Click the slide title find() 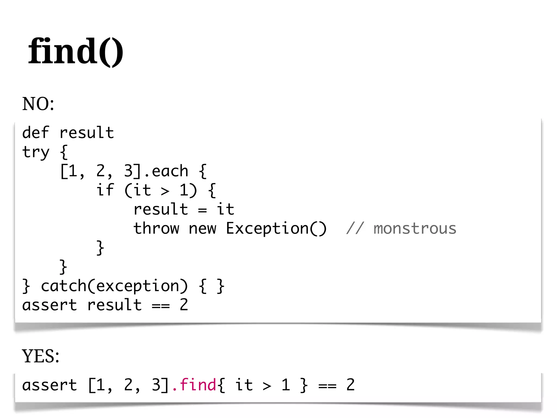(x=76, y=51)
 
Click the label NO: (x=38, y=104)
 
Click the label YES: (x=41, y=356)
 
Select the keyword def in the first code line (x=36, y=133)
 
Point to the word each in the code (x=170, y=171)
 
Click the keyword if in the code (x=105, y=190)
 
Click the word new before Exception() (x=202, y=229)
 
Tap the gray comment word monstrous (x=415, y=229)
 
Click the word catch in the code (x=64, y=286)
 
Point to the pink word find (x=198, y=385)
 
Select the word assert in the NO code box (x=49, y=305)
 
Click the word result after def (x=86, y=133)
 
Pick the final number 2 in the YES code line (x=350, y=385)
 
